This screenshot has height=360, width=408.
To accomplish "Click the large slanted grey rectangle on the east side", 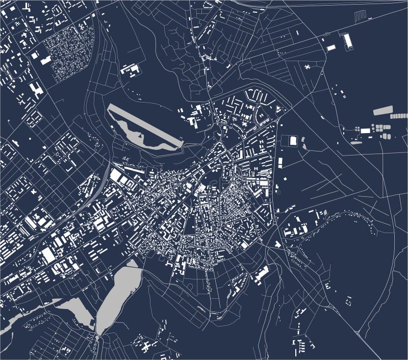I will coord(383,110).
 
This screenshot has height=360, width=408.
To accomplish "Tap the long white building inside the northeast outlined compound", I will coord(349,40).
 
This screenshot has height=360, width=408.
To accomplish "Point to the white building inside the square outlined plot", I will coord(293,140).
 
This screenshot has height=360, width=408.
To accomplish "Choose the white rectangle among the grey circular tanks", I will coord(365,131).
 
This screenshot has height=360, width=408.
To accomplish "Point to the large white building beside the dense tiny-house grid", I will coord(46,60).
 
